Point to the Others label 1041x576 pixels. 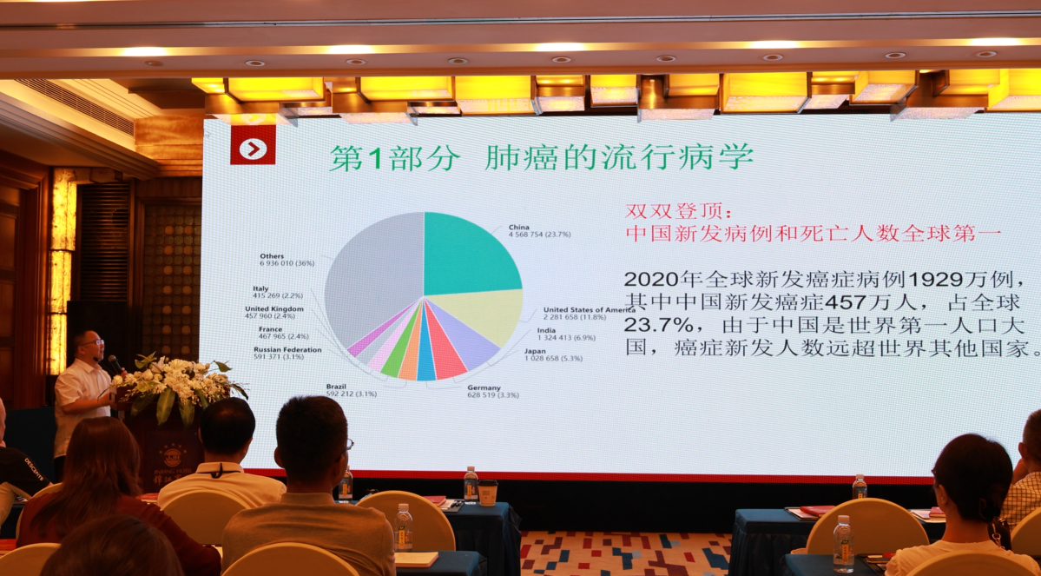[273, 257]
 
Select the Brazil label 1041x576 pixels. [337, 386]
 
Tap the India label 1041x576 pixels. [546, 330]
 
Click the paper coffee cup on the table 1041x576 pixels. [488, 493]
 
